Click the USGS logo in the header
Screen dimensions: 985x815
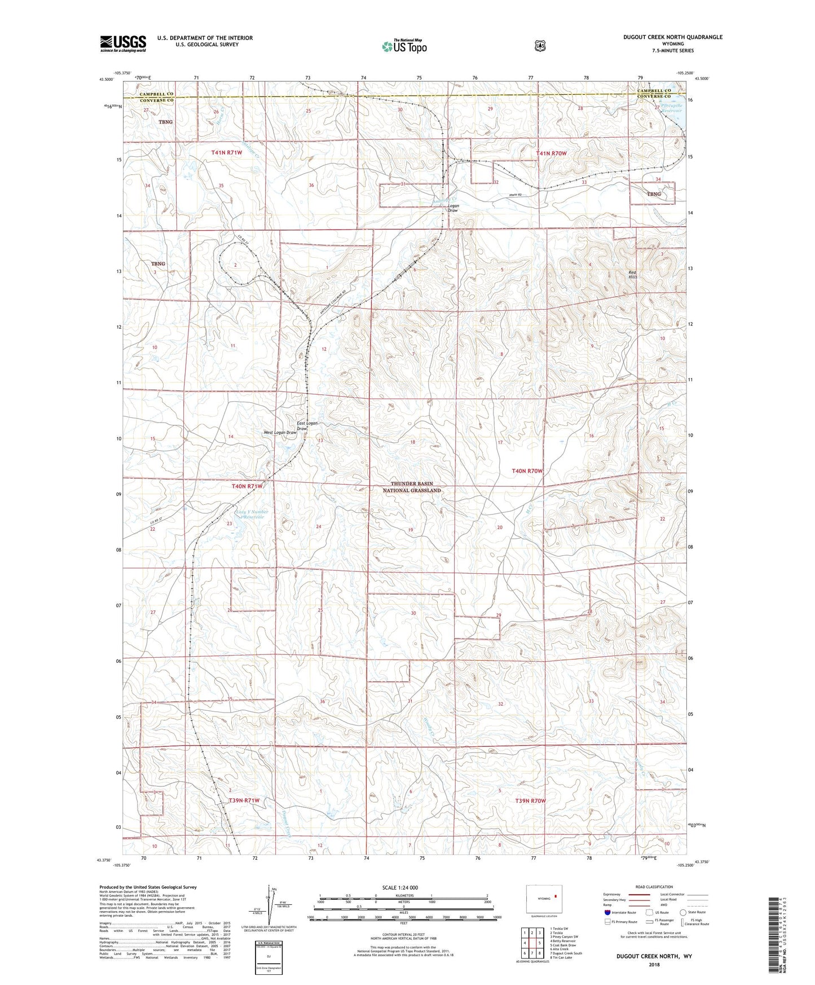[x=123, y=43]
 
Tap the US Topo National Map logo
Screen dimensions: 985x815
[x=404, y=46]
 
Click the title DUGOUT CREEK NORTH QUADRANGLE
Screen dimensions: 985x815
[x=672, y=37]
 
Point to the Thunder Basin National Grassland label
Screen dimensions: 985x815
[x=416, y=487]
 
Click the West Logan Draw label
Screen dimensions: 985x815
[x=280, y=433]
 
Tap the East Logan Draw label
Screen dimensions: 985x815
[x=307, y=425]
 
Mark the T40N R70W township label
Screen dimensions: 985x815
[x=527, y=470]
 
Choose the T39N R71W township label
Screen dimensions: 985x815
[x=244, y=801]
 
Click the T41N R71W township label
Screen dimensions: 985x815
[x=226, y=153]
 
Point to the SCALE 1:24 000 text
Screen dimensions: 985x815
[x=400, y=887]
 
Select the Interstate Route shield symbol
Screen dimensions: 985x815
[x=607, y=912]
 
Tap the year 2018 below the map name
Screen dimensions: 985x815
[x=654, y=964]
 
